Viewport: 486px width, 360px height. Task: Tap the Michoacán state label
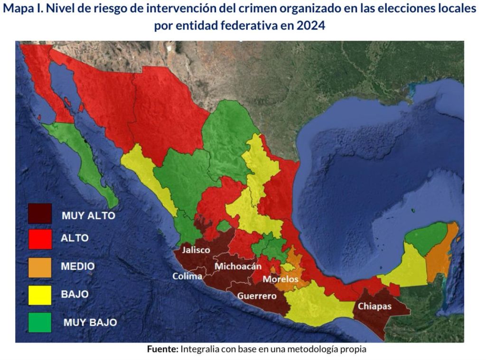[x=238, y=267]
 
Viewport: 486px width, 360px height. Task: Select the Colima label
[x=187, y=276]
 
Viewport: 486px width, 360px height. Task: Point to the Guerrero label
[x=257, y=296]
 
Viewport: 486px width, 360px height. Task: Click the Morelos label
[x=280, y=279]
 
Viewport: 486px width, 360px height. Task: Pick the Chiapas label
[x=374, y=306]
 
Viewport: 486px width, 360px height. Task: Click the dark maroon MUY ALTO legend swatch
[x=40, y=213]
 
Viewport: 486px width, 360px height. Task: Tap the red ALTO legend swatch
[x=40, y=239]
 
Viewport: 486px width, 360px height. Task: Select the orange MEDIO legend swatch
[x=40, y=267]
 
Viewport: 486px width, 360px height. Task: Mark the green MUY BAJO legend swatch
[x=40, y=323]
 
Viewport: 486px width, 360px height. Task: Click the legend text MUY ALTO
[x=88, y=215]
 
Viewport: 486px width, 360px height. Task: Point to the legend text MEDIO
[x=77, y=267]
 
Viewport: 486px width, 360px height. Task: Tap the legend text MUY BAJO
[x=90, y=323]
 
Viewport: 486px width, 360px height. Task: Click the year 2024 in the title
[x=311, y=26]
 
